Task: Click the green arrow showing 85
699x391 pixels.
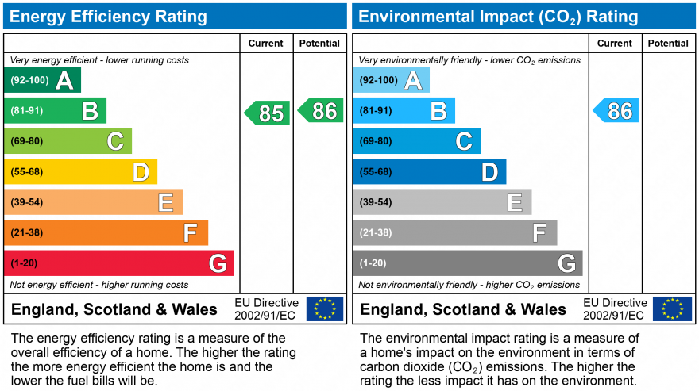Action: coord(268,113)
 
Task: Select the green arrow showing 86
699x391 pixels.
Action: coord(321,110)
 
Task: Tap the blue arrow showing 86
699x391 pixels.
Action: coord(616,110)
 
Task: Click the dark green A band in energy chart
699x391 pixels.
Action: coord(42,80)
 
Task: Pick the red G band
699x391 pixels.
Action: coord(119,263)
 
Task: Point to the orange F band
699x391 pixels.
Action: coord(106,232)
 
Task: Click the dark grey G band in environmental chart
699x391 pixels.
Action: coord(468,263)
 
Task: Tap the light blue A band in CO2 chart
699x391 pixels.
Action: coord(391,80)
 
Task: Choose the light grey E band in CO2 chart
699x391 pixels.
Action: coord(442,202)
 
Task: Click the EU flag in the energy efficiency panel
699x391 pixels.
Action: coord(325,309)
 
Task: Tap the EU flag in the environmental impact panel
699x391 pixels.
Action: coord(672,309)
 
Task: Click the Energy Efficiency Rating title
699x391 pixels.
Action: coord(109,17)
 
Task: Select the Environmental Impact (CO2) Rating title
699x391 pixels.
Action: coord(498,17)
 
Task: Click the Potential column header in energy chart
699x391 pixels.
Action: coord(319,44)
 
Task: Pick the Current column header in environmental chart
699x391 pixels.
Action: coord(615,44)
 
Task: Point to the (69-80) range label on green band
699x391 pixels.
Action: coord(27,141)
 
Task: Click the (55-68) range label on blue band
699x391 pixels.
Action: coord(376,171)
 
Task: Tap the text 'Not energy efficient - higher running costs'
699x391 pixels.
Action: coord(99,285)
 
